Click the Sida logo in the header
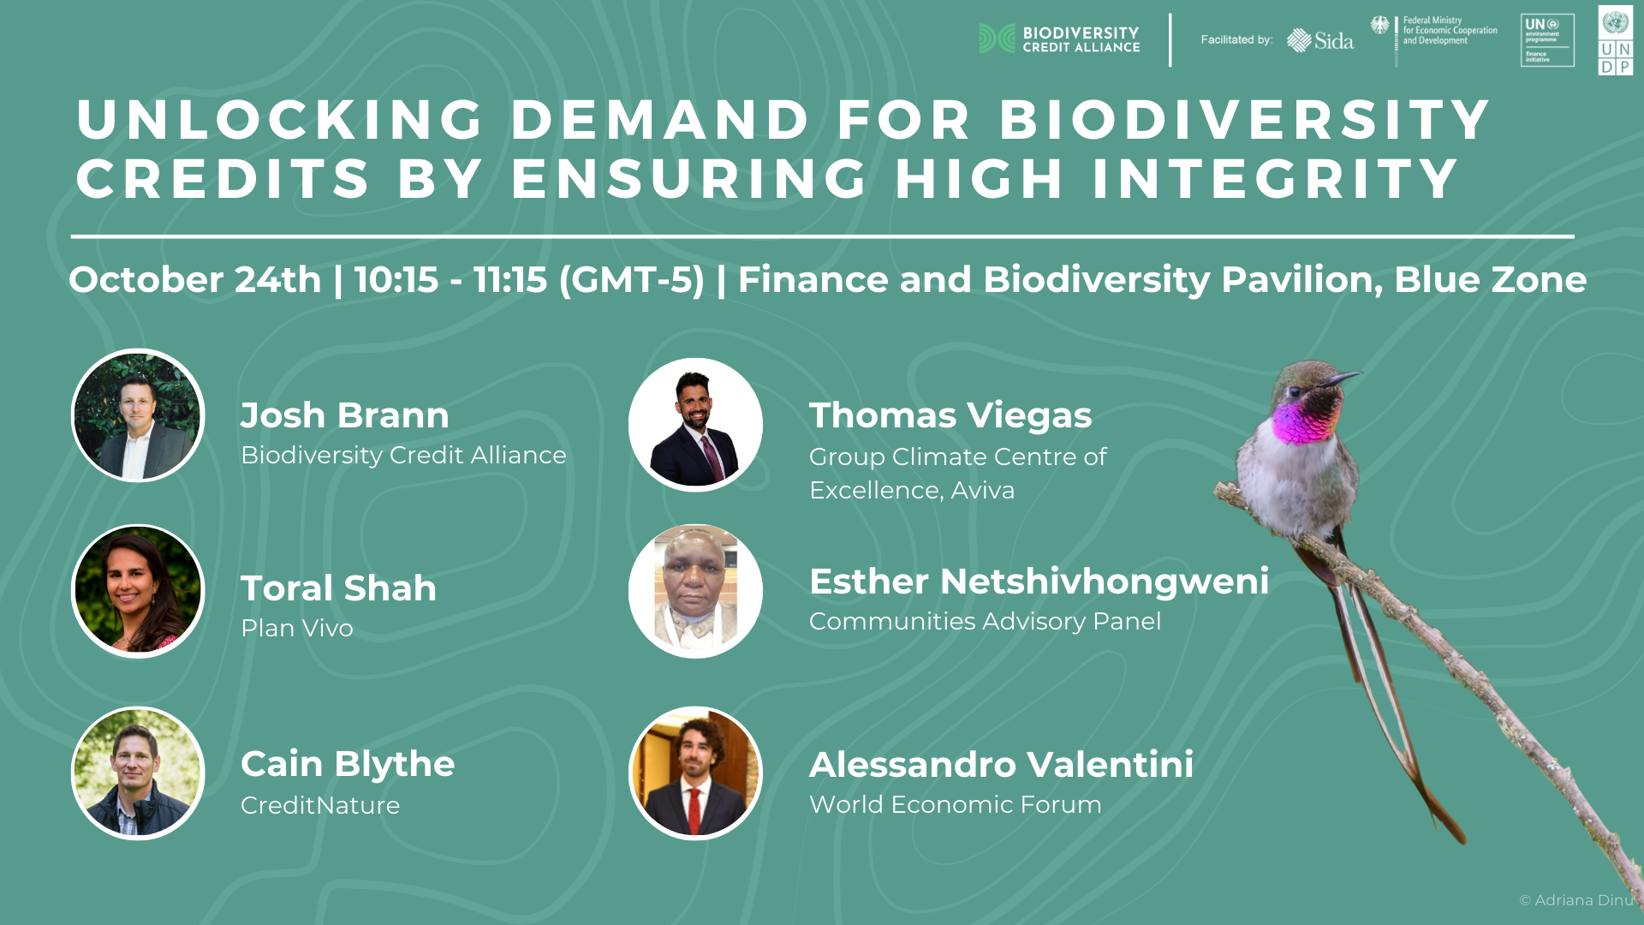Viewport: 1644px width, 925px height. point(1319,40)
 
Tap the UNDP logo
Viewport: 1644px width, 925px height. point(1615,40)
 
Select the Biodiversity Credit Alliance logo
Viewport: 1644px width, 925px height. point(1059,39)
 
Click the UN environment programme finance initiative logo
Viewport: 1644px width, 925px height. point(1547,40)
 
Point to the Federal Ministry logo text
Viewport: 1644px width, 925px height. point(1450,31)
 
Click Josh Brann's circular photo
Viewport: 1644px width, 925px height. point(138,415)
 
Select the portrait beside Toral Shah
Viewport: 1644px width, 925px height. point(138,591)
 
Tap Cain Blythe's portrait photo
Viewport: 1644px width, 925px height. point(138,773)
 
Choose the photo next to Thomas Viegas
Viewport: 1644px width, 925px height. point(695,425)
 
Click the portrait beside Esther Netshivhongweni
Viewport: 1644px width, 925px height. point(695,591)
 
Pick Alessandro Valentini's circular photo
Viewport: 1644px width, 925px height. point(695,773)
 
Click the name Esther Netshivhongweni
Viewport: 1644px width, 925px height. point(1039,582)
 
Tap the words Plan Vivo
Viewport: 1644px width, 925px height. point(296,628)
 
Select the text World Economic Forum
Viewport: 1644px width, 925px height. point(955,804)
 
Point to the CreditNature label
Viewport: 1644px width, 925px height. point(320,805)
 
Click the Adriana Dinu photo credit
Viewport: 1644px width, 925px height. point(1576,900)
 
